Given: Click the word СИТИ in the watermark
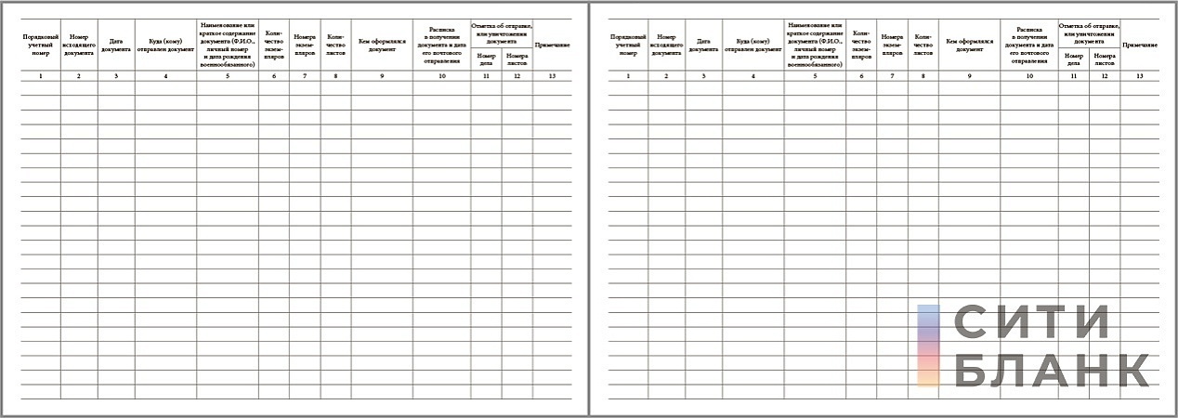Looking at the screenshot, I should click(x=1031, y=324).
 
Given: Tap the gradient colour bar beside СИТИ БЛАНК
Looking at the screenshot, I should click(x=928, y=346).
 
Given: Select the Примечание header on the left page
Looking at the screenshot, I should click(x=553, y=45).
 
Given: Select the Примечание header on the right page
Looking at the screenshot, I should click(x=1140, y=45).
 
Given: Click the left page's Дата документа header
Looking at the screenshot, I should click(x=116, y=45).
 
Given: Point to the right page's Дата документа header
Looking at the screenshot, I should click(x=704, y=45).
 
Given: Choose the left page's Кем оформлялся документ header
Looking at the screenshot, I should click(x=382, y=45).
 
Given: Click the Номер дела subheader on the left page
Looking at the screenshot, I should click(x=486, y=59).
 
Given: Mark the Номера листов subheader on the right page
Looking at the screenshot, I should click(x=1105, y=59).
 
